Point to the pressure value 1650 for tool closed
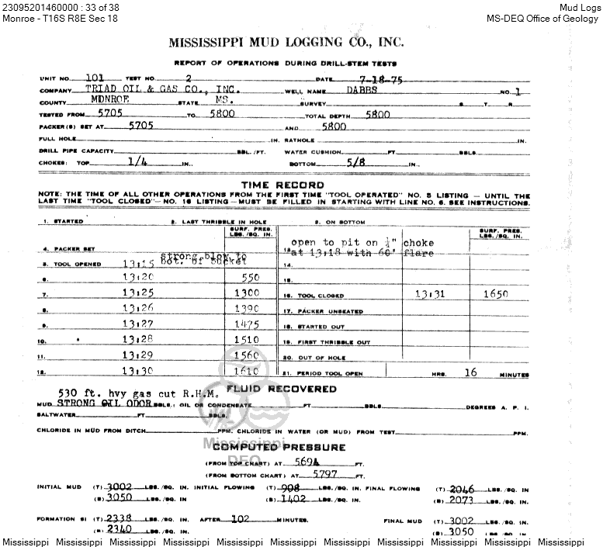point(496,295)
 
